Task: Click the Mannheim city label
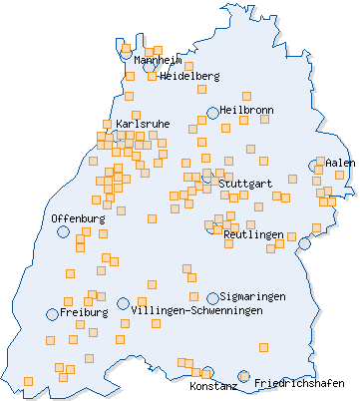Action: click(x=157, y=61)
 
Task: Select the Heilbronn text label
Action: click(x=246, y=110)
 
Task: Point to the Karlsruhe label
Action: click(x=142, y=124)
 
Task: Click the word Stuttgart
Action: click(x=244, y=184)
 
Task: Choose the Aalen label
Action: click(x=340, y=162)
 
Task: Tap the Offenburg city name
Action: click(x=78, y=217)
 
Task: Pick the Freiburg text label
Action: click(x=83, y=312)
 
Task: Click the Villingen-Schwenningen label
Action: click(x=196, y=311)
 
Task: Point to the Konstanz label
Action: click(x=212, y=385)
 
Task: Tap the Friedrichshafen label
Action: click(x=299, y=383)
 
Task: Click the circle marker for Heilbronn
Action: click(x=212, y=113)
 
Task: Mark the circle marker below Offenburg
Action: click(x=64, y=231)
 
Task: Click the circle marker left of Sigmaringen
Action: click(x=212, y=297)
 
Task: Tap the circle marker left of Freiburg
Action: click(x=52, y=314)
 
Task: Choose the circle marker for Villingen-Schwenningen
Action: click(x=123, y=303)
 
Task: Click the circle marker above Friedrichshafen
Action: click(x=243, y=376)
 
